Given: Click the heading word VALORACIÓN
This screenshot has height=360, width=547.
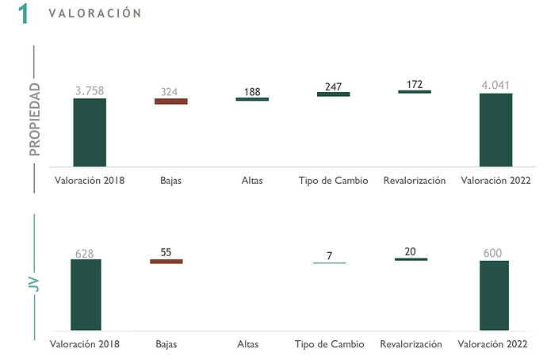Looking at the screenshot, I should tap(94, 13).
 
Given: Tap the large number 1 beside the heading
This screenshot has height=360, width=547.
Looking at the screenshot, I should tap(24, 13).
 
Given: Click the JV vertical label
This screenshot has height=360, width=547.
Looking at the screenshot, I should tap(33, 281).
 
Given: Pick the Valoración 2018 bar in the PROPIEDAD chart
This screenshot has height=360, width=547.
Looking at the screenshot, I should tap(90, 132).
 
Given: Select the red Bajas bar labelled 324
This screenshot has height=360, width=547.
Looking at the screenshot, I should tap(170, 101).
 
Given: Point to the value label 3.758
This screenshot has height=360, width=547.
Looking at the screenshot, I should tap(90, 91).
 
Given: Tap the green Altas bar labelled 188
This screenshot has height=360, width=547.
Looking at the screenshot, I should tap(252, 99).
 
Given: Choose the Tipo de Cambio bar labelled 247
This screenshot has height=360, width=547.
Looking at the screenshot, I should tap(333, 94).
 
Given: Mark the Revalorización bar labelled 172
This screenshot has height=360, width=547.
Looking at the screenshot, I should tap(415, 92).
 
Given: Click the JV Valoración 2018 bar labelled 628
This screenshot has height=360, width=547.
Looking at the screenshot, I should tap(86, 294).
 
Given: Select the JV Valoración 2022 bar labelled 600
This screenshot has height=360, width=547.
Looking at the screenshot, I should tap(493, 295).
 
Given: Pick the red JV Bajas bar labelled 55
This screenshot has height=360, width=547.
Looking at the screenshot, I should tap(166, 261).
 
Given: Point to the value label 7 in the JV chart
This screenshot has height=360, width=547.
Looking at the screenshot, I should tap(329, 255).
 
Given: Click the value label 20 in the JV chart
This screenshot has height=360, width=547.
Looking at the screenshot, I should tap(410, 251).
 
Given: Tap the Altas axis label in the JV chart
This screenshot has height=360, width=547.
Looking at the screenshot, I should tap(247, 344).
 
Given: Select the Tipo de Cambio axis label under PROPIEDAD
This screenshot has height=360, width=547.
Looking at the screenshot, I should tap(333, 180).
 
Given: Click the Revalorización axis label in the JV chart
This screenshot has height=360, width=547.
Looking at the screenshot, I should tap(410, 344).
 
